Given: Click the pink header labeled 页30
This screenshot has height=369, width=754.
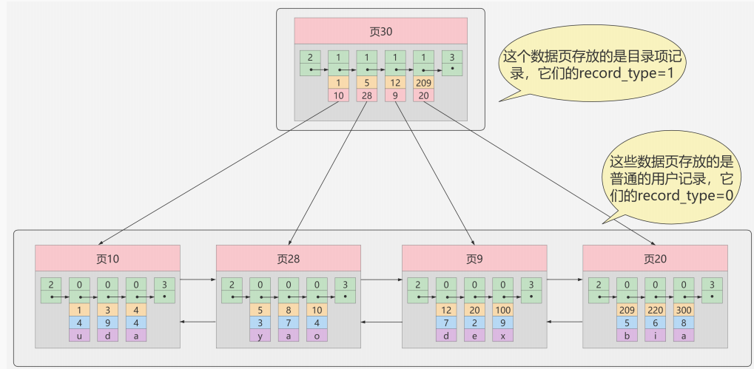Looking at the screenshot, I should coord(380,32).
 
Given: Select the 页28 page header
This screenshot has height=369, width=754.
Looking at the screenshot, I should coord(288,259).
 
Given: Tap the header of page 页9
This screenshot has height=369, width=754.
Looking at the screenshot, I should coord(474,259).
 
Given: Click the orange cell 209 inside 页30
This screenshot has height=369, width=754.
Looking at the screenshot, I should coord(423,83).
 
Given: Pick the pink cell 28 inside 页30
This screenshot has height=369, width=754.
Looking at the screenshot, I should coord(366,95).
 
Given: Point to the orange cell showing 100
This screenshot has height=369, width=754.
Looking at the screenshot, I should coord(503,309).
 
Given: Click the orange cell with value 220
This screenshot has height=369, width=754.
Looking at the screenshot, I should coord(656,309).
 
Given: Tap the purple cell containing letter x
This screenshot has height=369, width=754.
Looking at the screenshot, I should coord(503,335).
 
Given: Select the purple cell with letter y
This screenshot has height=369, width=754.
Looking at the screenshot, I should coord(260,335).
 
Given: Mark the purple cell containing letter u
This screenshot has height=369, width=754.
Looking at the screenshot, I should coord(79,335).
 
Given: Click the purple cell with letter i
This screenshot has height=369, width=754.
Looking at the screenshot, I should coord(656,335).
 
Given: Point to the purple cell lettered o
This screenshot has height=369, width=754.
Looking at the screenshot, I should coord(317,335).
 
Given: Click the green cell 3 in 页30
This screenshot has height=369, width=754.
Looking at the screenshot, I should coord(451,63).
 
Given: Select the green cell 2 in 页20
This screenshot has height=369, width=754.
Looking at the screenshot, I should coord(599,290).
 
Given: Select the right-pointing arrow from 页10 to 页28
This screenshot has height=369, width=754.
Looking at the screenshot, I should coord(198,280).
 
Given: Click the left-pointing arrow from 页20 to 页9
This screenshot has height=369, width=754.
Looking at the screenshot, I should coord(565,322).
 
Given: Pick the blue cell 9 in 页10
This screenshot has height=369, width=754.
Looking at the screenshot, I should coord(108,322).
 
